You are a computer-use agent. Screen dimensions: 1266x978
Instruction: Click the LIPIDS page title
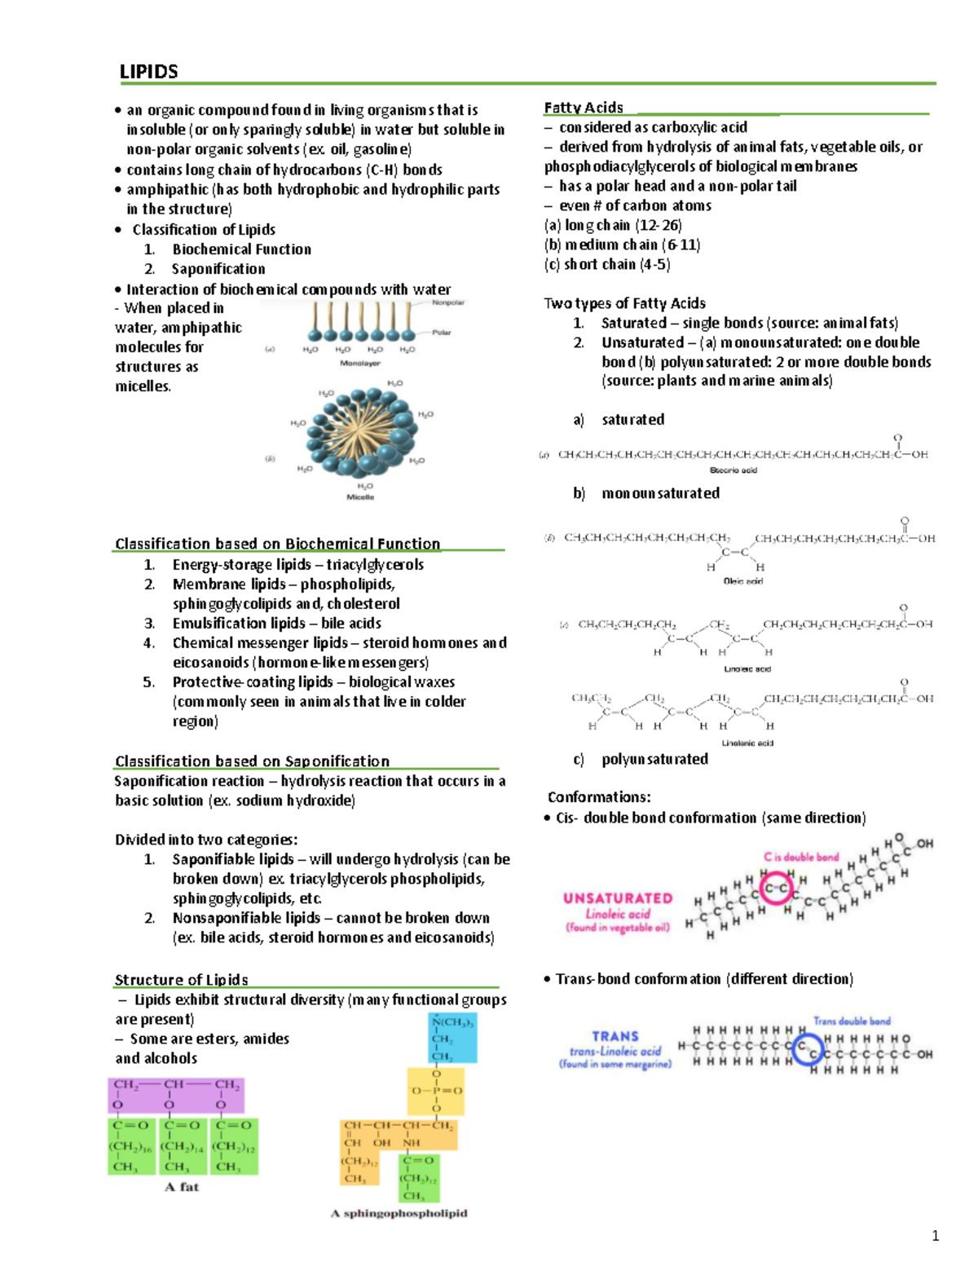[148, 72]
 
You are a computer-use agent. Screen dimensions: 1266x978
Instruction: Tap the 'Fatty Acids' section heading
[584, 108]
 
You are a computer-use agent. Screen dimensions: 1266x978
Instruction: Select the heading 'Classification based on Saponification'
[252, 761]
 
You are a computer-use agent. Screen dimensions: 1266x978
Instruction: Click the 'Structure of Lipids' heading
[181, 980]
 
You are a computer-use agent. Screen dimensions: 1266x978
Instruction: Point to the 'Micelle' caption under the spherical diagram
[360, 496]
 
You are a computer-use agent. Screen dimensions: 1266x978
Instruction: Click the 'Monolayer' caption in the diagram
[359, 364]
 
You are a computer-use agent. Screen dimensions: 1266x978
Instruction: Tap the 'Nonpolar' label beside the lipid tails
[447, 302]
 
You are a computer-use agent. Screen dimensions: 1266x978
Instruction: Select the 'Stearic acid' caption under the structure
[733, 470]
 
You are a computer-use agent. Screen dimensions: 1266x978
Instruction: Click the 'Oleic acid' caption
[742, 581]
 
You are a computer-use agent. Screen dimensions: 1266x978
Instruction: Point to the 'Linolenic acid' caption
[747, 743]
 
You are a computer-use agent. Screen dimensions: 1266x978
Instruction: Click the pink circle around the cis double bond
[775, 887]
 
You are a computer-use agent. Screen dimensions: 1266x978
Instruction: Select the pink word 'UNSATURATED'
[618, 898]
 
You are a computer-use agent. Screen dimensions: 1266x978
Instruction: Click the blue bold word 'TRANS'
[615, 1036]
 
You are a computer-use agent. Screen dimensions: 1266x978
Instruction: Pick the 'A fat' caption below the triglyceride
[182, 1187]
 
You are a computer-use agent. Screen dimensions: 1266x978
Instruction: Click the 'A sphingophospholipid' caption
[399, 1213]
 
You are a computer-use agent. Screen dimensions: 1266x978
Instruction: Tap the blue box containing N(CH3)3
[452, 1038]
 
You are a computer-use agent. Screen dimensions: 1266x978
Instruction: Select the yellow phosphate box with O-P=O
[436, 1091]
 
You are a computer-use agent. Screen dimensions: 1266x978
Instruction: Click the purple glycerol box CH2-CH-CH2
[176, 1095]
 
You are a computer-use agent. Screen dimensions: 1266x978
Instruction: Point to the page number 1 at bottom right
[935, 1236]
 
